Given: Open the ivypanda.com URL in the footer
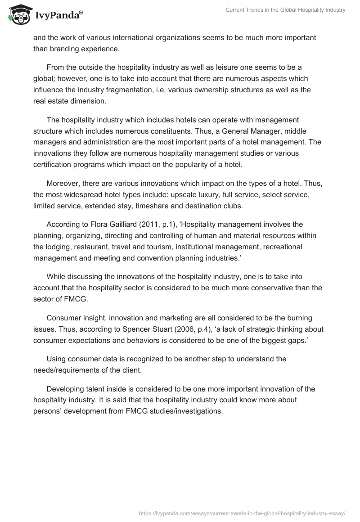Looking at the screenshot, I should tap(243, 513).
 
